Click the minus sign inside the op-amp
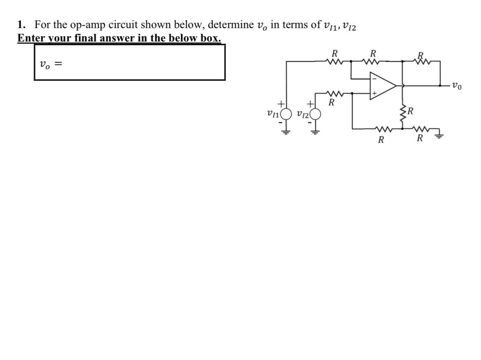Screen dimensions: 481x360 (372, 79)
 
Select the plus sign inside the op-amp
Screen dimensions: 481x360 (372, 93)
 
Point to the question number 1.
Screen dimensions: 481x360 (21, 24)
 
